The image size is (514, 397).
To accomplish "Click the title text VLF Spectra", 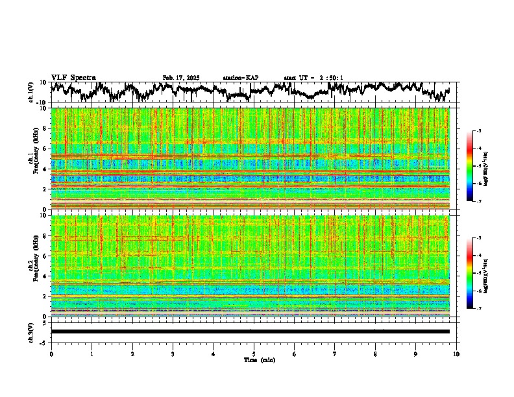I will point(73,78).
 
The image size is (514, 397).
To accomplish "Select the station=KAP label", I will point(240,78).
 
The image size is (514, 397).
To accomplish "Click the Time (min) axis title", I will point(259,359).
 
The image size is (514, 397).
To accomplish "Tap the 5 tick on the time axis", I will point(254,354).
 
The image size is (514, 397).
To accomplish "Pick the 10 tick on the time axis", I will point(456,354).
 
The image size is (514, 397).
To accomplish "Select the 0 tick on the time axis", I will point(51,354).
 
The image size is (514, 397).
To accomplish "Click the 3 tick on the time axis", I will point(173,354).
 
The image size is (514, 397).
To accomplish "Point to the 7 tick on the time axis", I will point(335,354).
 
